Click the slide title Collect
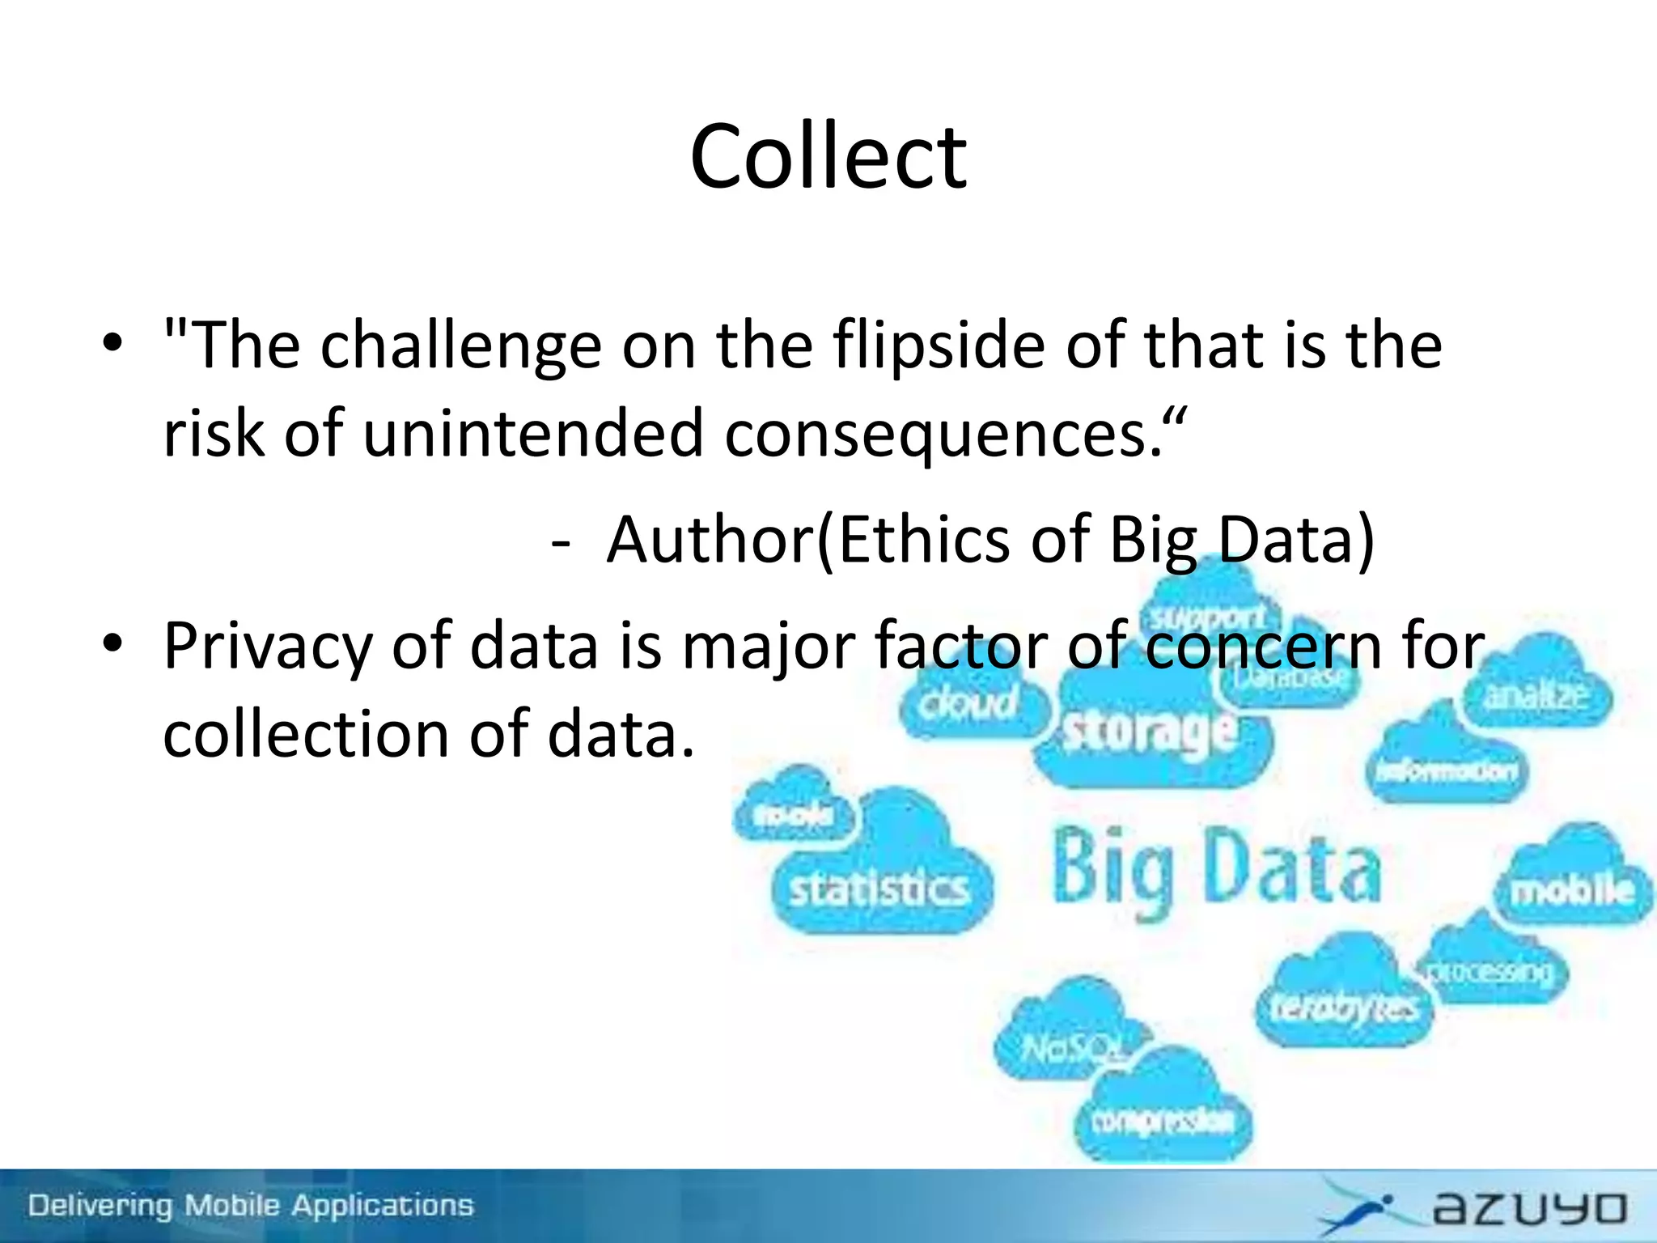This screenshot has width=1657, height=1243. [x=828, y=157]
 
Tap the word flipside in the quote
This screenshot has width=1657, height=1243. [x=939, y=346]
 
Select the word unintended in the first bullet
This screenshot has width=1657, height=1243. [x=533, y=434]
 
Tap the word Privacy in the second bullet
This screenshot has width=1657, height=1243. [x=268, y=647]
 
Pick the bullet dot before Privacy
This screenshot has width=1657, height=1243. [x=112, y=644]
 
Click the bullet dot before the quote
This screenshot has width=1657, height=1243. [x=112, y=343]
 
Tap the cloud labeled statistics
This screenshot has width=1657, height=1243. [x=879, y=889]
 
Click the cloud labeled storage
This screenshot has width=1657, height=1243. [x=1150, y=732]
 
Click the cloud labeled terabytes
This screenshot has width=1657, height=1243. [x=1342, y=1006]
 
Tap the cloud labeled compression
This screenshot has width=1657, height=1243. [x=1162, y=1121]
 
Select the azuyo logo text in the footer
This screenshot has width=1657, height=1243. [x=1529, y=1209]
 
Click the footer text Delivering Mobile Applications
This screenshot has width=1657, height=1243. [x=251, y=1206]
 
